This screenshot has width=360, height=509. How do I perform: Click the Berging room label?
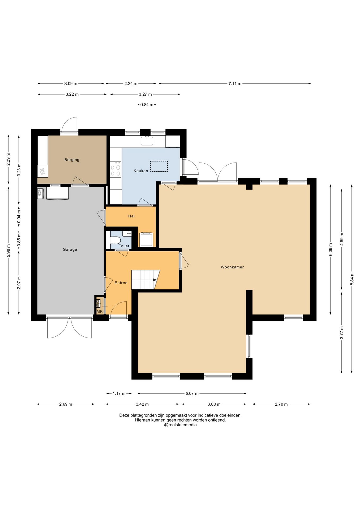[72, 160]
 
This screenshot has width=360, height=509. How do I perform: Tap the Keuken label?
[141, 171]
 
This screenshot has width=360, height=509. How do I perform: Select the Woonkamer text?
[232, 267]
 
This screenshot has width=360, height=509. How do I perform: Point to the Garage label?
[70, 249]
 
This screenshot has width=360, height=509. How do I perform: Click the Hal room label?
[131, 216]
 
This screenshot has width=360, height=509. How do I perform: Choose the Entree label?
[121, 283]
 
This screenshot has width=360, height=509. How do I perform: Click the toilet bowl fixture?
[115, 240]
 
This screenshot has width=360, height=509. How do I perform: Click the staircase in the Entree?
[146, 280]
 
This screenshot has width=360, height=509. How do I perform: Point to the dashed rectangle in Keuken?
[159, 166]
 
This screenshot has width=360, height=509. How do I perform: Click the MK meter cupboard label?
[99, 311]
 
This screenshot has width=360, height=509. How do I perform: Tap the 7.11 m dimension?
[235, 84]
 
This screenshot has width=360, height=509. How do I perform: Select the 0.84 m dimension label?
[147, 105]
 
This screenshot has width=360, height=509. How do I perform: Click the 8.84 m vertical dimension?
[352, 279]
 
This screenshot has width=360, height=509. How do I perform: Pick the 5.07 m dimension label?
[192, 393]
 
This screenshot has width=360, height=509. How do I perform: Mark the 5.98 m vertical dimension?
[8, 251]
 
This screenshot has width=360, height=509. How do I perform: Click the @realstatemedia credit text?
[180, 425]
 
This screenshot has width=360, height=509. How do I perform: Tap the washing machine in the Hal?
[147, 239]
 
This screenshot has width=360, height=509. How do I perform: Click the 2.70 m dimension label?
[281, 404]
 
